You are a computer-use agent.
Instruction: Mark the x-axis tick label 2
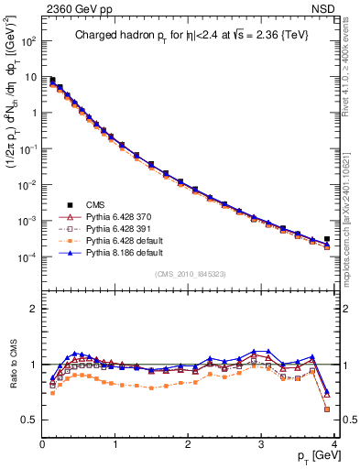(188, 443)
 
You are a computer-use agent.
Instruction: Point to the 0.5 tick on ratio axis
(30, 420)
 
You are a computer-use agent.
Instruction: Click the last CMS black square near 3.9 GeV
(327, 239)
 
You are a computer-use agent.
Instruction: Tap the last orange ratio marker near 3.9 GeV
(327, 409)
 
